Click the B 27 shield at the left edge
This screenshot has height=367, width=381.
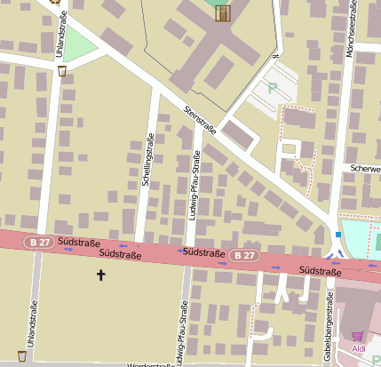tap(37, 240)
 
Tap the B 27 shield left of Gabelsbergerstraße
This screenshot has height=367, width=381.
tap(246, 255)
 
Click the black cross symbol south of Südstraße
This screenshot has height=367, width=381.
tap(100, 275)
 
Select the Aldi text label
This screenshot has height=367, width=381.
tap(360, 349)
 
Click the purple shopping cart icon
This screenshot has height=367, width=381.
tap(358, 335)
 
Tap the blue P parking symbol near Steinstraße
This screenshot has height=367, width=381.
tap(273, 88)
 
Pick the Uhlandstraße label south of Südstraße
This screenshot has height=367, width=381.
tap(31, 322)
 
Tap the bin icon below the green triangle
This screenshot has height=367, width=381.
tap(61, 70)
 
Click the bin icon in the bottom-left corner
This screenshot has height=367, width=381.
tap(21, 355)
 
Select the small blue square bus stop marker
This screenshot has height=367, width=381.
tap(338, 235)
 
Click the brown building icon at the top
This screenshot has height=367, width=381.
tap(222, 12)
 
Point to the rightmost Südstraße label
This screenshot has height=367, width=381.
tap(321, 269)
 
